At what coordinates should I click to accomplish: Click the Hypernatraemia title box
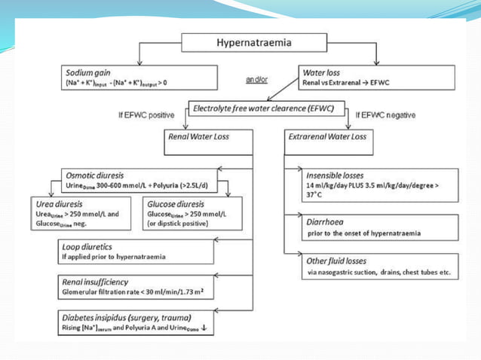click(254, 42)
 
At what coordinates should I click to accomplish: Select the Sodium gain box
click(140, 76)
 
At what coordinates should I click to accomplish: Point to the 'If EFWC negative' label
click(385, 115)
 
